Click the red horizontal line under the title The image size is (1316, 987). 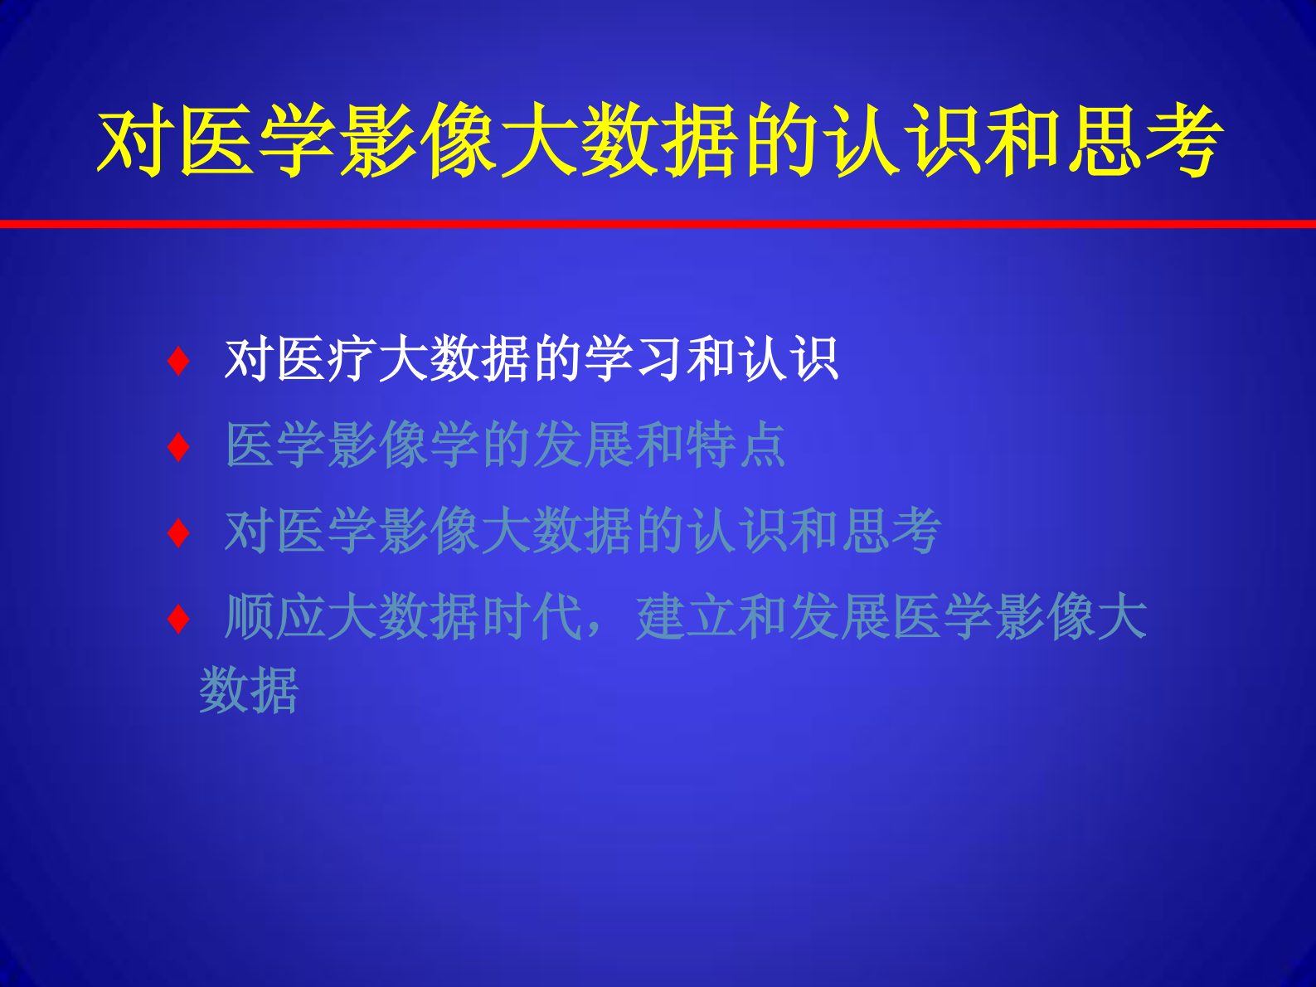658,224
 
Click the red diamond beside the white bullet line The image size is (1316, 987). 178,361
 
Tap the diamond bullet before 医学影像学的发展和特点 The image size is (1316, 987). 178,447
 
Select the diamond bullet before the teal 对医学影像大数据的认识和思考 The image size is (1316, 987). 178,532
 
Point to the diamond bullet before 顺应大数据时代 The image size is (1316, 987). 178,619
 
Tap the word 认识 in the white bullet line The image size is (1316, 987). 789,360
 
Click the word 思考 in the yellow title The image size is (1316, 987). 1144,141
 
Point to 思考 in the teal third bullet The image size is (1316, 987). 891,531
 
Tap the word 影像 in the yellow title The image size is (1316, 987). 419,141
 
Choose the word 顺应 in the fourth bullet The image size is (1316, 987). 275,617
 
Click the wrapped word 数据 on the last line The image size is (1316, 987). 249,690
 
